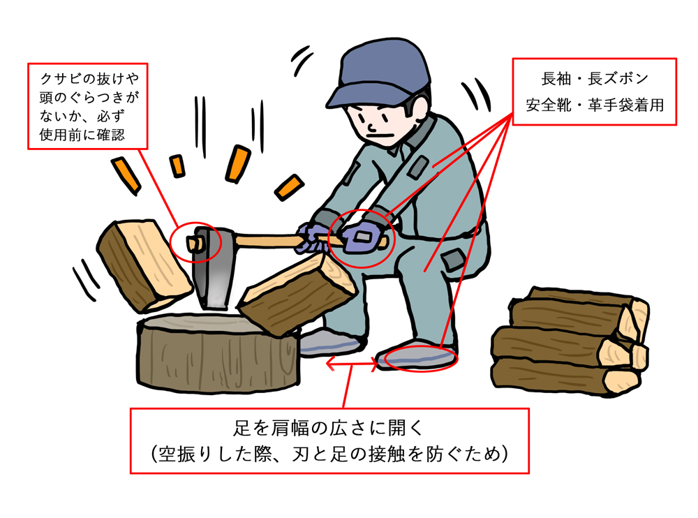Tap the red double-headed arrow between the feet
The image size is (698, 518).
(352, 363)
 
